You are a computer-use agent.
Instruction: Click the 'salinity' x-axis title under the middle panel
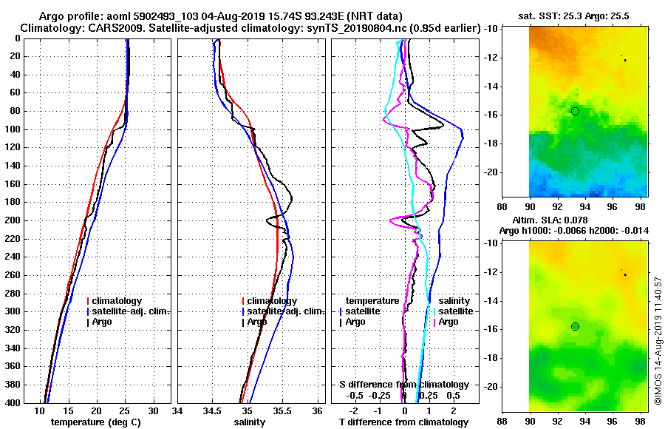249,422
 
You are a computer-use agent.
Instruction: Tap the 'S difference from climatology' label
403,385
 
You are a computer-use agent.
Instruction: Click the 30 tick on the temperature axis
153,411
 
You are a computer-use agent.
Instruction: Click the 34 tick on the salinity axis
177,411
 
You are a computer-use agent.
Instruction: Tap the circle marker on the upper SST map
575,111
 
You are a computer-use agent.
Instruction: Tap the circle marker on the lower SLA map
575,326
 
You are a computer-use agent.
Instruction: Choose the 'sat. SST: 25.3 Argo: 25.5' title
575,16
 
